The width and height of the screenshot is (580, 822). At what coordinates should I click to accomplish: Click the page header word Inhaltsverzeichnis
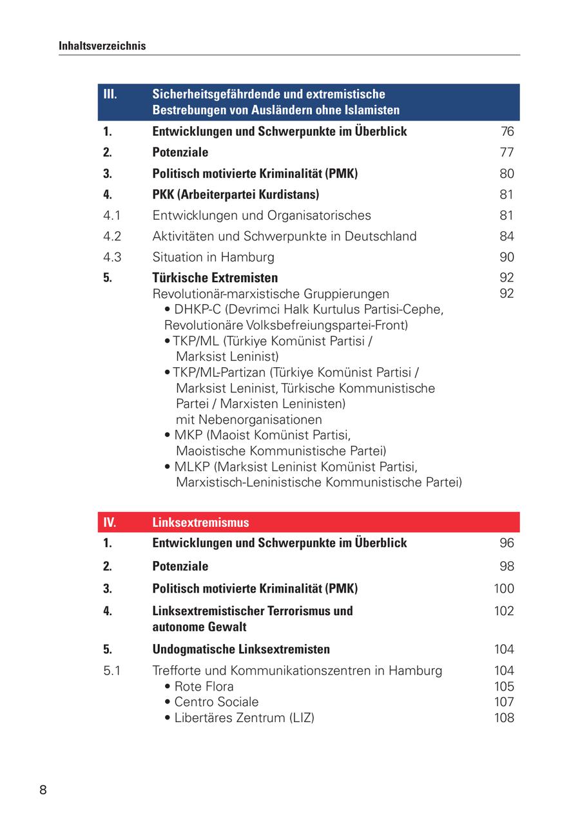coord(102,46)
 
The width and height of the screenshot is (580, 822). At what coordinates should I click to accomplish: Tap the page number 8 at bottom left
coord(43,790)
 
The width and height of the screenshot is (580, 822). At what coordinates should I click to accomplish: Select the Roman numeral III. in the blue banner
coord(110,94)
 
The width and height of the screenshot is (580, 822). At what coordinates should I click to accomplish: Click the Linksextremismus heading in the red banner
coord(200,522)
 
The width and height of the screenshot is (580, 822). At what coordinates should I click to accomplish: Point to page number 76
coord(507,131)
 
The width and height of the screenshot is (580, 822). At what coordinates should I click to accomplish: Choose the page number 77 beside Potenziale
coord(507,153)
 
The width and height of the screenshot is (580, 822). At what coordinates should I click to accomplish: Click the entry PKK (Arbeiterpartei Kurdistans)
coord(235,195)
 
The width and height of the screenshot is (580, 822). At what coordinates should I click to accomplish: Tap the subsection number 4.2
coord(112,236)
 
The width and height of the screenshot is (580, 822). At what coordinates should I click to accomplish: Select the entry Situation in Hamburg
coord(213,257)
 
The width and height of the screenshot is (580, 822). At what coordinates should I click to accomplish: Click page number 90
coord(507,257)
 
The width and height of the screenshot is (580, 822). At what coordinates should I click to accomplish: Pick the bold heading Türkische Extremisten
coord(215,278)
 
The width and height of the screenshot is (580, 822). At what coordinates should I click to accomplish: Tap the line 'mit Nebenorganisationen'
coord(249,420)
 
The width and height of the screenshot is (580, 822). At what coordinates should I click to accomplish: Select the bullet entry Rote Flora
coord(204,687)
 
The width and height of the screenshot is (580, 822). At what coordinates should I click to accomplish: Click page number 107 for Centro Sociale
coord(504,702)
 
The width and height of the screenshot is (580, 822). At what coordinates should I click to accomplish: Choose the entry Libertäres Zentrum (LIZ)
coord(244,718)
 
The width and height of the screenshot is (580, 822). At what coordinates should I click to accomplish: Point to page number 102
coord(504,611)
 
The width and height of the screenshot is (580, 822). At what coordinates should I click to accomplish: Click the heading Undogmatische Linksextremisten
coord(241,649)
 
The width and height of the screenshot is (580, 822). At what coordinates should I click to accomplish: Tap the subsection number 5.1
coord(112,671)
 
